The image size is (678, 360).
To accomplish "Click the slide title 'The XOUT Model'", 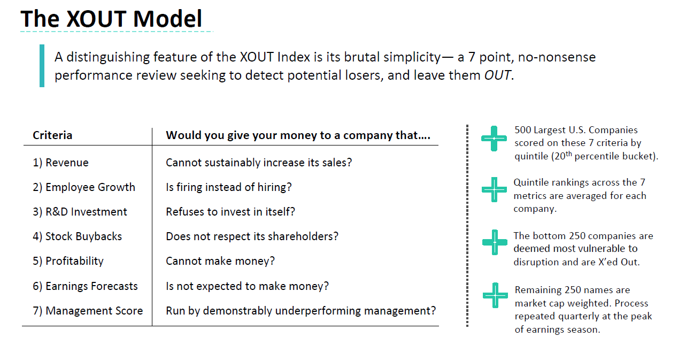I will (111, 19).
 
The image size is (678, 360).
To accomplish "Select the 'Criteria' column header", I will (52, 135).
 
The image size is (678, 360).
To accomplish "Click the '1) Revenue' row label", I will (60, 163).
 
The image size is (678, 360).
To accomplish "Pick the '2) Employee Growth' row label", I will (83, 187).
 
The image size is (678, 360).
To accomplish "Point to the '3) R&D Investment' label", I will (80, 212).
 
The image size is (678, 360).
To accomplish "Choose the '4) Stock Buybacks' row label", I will (77, 236).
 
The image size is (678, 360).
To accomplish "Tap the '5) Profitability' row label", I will (68, 261).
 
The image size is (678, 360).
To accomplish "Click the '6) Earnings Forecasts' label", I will (85, 286).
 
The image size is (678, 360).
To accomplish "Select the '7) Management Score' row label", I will (88, 311).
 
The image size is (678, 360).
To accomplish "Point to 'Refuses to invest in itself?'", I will (230, 212).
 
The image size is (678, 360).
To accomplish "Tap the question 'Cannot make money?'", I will (220, 261).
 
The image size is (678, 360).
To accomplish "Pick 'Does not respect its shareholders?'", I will (252, 236).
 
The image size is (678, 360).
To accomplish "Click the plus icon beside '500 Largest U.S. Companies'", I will (494, 139).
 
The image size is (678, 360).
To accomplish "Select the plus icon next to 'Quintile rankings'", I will (494, 189).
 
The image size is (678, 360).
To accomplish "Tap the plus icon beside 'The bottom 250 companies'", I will (494, 242).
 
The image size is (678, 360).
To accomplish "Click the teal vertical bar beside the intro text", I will (42, 66).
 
